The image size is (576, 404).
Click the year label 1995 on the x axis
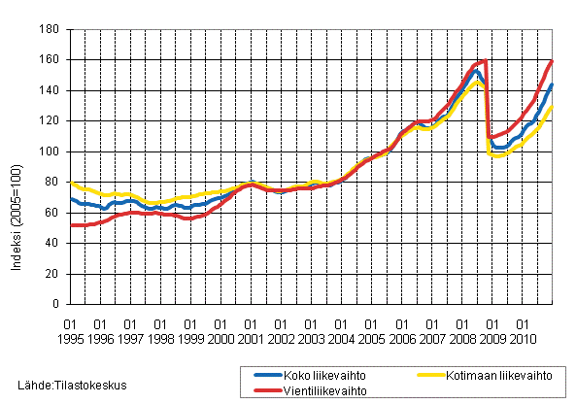[x=71, y=338]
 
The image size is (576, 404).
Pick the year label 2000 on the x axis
[x=220, y=338]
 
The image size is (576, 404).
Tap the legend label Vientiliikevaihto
[x=319, y=388]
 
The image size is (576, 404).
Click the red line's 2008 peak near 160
[x=483, y=61]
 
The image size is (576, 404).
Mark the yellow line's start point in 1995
[x=71, y=182]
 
